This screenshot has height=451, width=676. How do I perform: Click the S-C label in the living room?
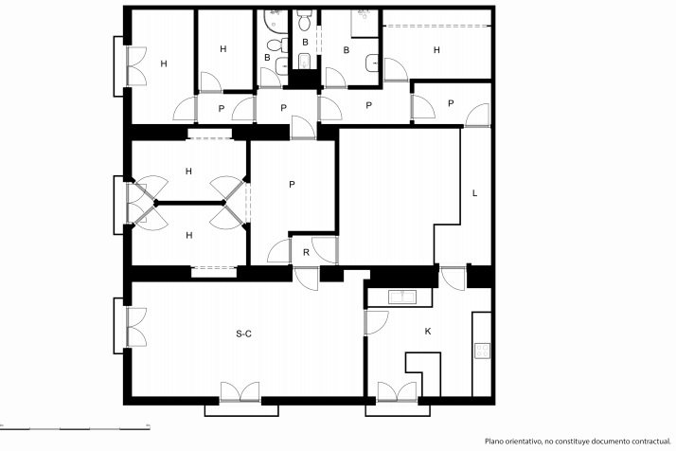pyautogui.click(x=243, y=334)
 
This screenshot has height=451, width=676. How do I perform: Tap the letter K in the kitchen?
pyautogui.click(x=428, y=331)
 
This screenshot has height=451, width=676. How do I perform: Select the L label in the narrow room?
pyautogui.click(x=474, y=193)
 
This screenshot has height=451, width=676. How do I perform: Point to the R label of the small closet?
pyautogui.click(x=306, y=252)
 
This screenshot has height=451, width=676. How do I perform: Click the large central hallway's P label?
pyautogui.click(x=292, y=184)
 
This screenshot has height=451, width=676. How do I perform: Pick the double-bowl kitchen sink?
pyautogui.click(x=401, y=297)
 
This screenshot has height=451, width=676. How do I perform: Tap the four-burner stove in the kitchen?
pyautogui.click(x=482, y=351)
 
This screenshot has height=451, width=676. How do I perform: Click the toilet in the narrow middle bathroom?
pyautogui.click(x=304, y=21)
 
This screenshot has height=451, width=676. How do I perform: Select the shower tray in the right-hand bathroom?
pyautogui.click(x=365, y=24)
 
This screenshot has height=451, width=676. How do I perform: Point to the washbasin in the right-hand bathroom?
pyautogui.click(x=372, y=63)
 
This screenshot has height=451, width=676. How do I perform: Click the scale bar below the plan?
pyautogui.click(x=75, y=428)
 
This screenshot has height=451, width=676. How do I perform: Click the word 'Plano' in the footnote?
pyautogui.click(x=493, y=442)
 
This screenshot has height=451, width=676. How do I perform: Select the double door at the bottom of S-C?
pyautogui.click(x=240, y=392)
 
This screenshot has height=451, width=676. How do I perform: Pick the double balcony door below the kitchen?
pyautogui.click(x=397, y=392)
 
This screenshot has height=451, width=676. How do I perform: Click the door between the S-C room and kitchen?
pyautogui.click(x=376, y=322)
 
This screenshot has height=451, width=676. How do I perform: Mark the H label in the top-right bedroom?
pyautogui.click(x=436, y=50)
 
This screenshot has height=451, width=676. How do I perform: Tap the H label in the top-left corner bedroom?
pyautogui.click(x=164, y=63)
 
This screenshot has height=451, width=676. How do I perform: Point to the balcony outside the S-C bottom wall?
pyautogui.click(x=241, y=410)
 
